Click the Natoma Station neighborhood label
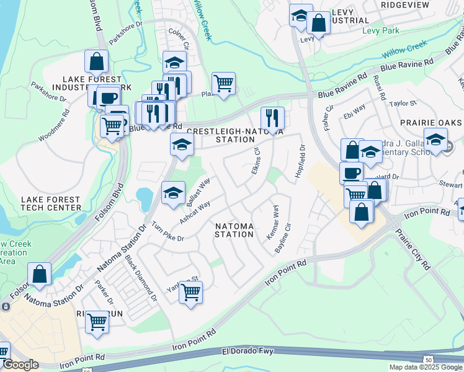pyautogui.click(x=234, y=230)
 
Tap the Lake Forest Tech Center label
pyautogui.click(x=50, y=204)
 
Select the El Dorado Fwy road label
pyautogui.click(x=248, y=352)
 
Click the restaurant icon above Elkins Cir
pyautogui.click(x=272, y=117)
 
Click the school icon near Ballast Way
pyautogui.click(x=173, y=192)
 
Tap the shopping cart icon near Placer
pyautogui.click(x=223, y=82)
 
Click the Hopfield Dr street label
pyautogui.click(x=301, y=161)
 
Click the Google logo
pyautogui.click(x=20, y=365)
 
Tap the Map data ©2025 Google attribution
pyautogui.click(x=426, y=367)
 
